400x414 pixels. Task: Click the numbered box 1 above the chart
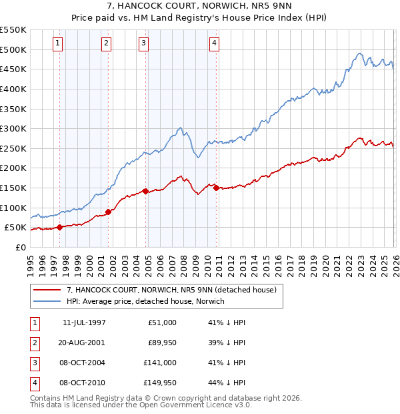[x=59, y=44]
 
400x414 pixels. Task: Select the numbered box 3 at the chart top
[x=144, y=44]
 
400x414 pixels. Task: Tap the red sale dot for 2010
[x=216, y=188]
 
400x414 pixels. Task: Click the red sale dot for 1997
[x=60, y=227]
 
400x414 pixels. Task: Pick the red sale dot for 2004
[x=145, y=191]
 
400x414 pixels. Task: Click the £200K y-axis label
[x=13, y=168]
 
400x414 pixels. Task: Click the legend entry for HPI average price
[x=145, y=301]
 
